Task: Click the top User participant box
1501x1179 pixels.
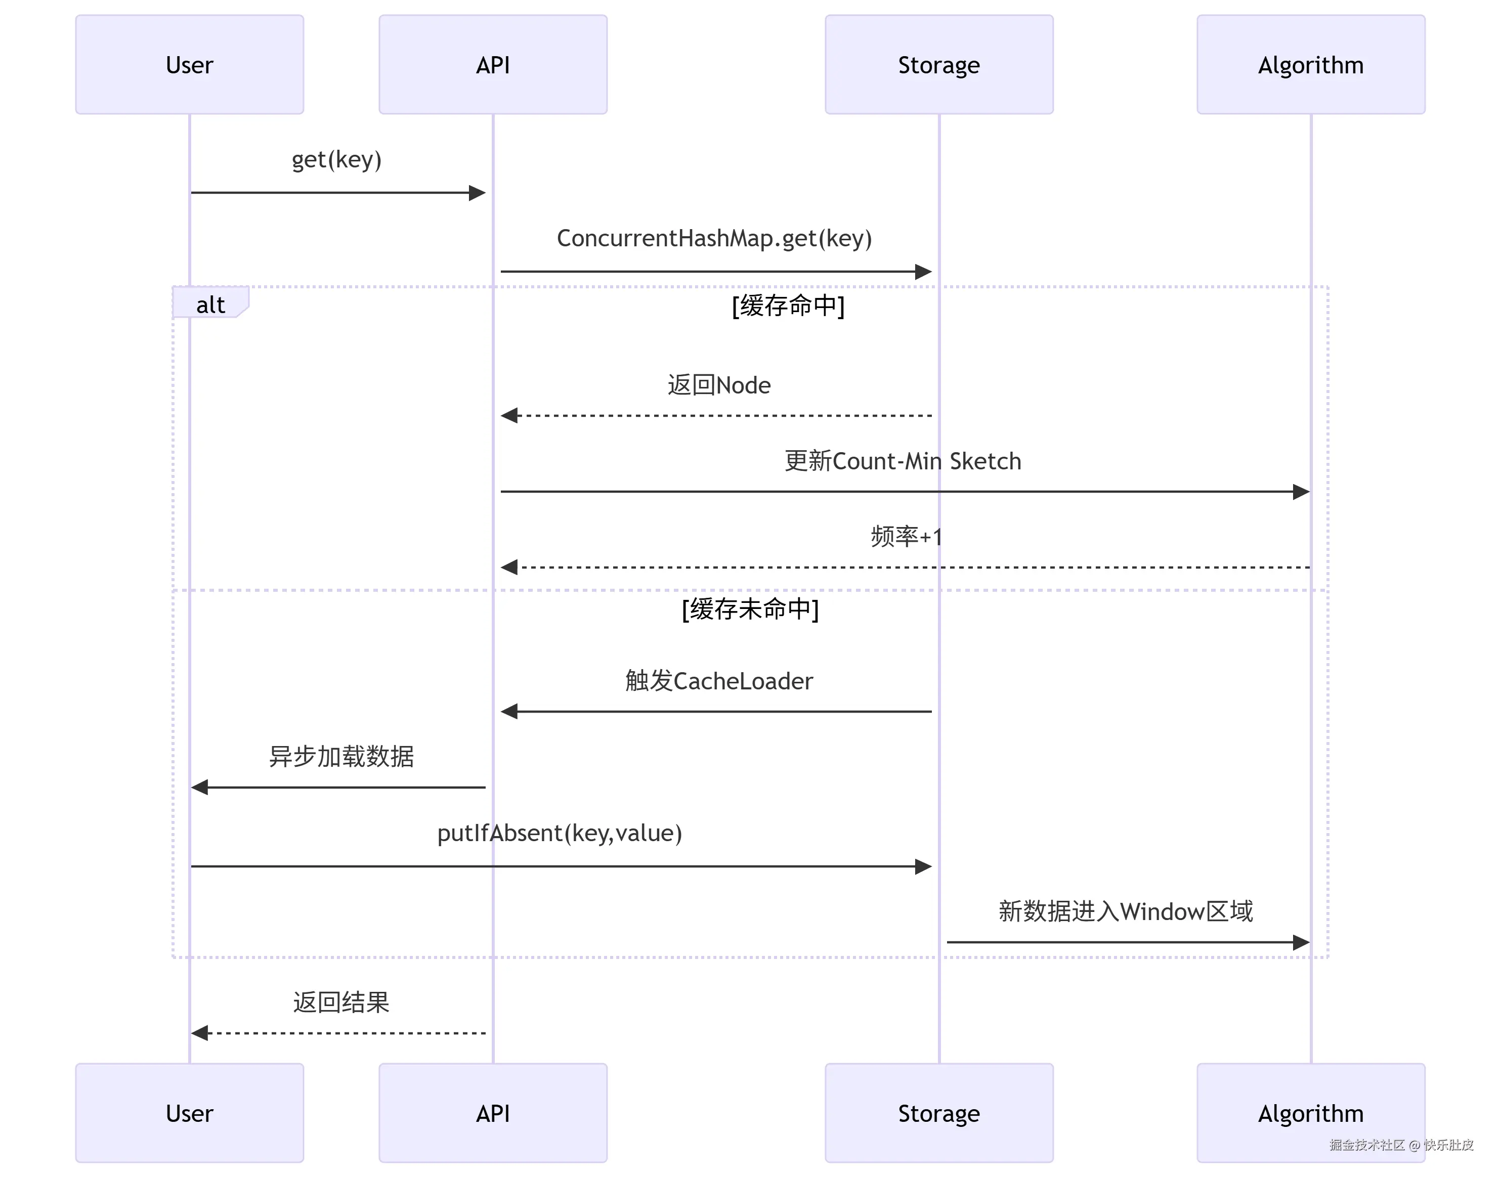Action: (189, 65)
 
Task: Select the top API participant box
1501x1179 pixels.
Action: (492, 65)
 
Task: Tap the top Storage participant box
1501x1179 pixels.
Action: (938, 65)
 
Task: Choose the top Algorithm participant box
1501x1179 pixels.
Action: (1310, 65)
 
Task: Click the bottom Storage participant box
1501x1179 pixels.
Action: (938, 1113)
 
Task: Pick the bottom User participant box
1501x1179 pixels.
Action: (189, 1113)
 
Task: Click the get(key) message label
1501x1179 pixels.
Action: (336, 159)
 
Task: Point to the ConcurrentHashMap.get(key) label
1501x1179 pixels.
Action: (714, 238)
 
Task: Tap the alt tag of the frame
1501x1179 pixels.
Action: (210, 304)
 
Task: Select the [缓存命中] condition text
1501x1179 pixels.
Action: (788, 305)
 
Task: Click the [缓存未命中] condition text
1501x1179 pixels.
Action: (750, 609)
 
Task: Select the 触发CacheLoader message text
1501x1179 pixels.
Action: (719, 681)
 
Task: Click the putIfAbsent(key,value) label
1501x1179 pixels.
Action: (559, 833)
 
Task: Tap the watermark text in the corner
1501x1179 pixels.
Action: (1401, 1145)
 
